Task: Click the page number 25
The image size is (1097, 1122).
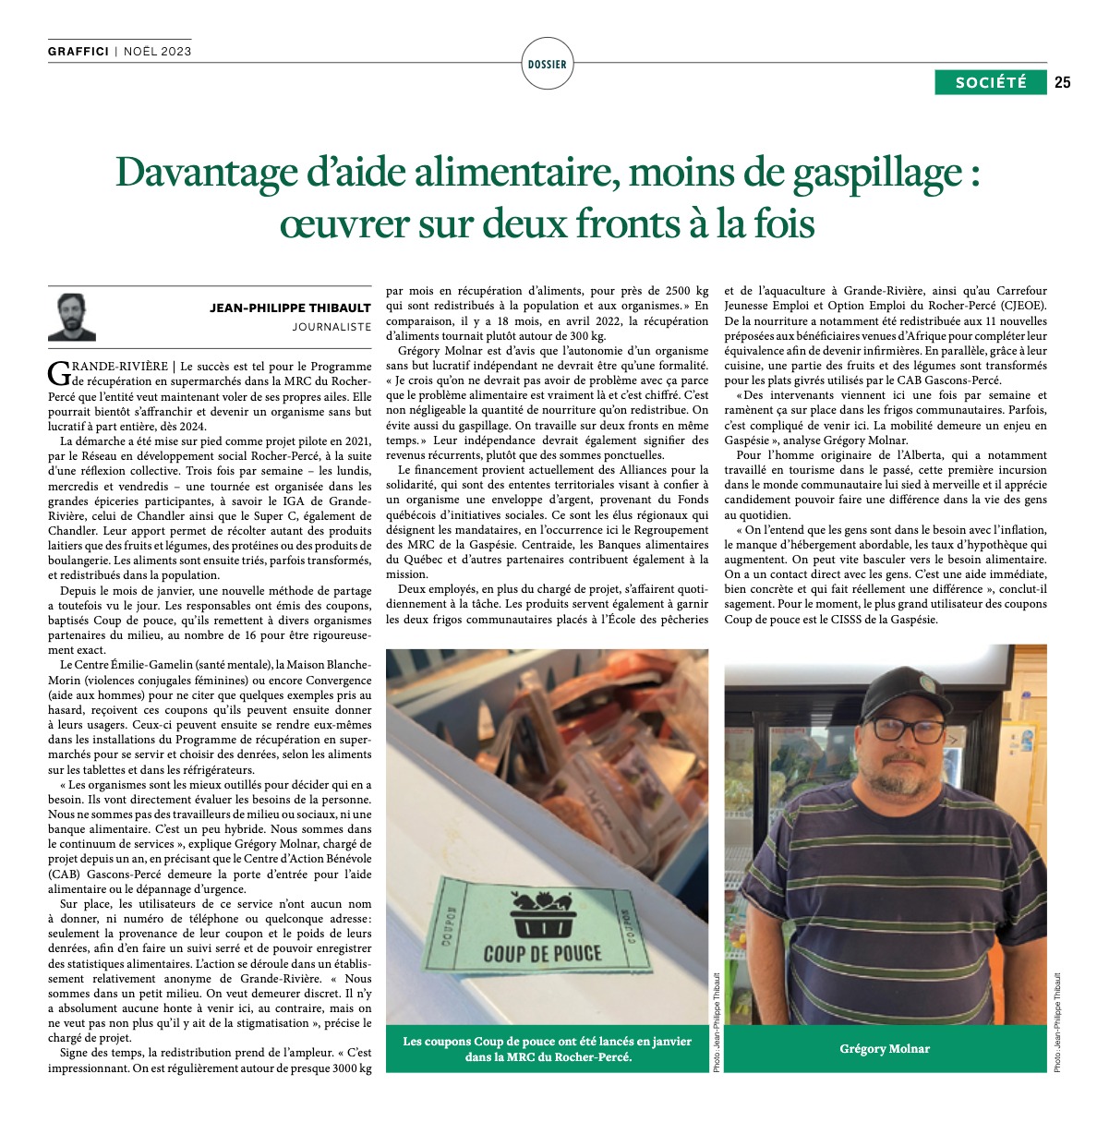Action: coord(1063,82)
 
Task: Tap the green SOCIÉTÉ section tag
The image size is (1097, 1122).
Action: coord(991,82)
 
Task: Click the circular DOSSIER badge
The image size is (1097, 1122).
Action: coord(548,65)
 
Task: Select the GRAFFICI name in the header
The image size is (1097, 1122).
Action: coord(78,52)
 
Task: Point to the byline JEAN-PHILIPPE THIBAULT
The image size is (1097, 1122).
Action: coord(290,308)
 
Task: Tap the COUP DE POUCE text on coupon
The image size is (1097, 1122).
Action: coord(542,954)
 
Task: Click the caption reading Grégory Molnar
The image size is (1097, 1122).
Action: coord(885,1049)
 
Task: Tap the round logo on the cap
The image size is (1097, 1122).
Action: coord(924,682)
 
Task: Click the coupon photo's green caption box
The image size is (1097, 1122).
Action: coord(547,1049)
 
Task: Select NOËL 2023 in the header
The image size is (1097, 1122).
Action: coord(157,52)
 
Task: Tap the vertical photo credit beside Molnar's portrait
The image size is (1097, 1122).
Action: coord(1058,1021)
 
